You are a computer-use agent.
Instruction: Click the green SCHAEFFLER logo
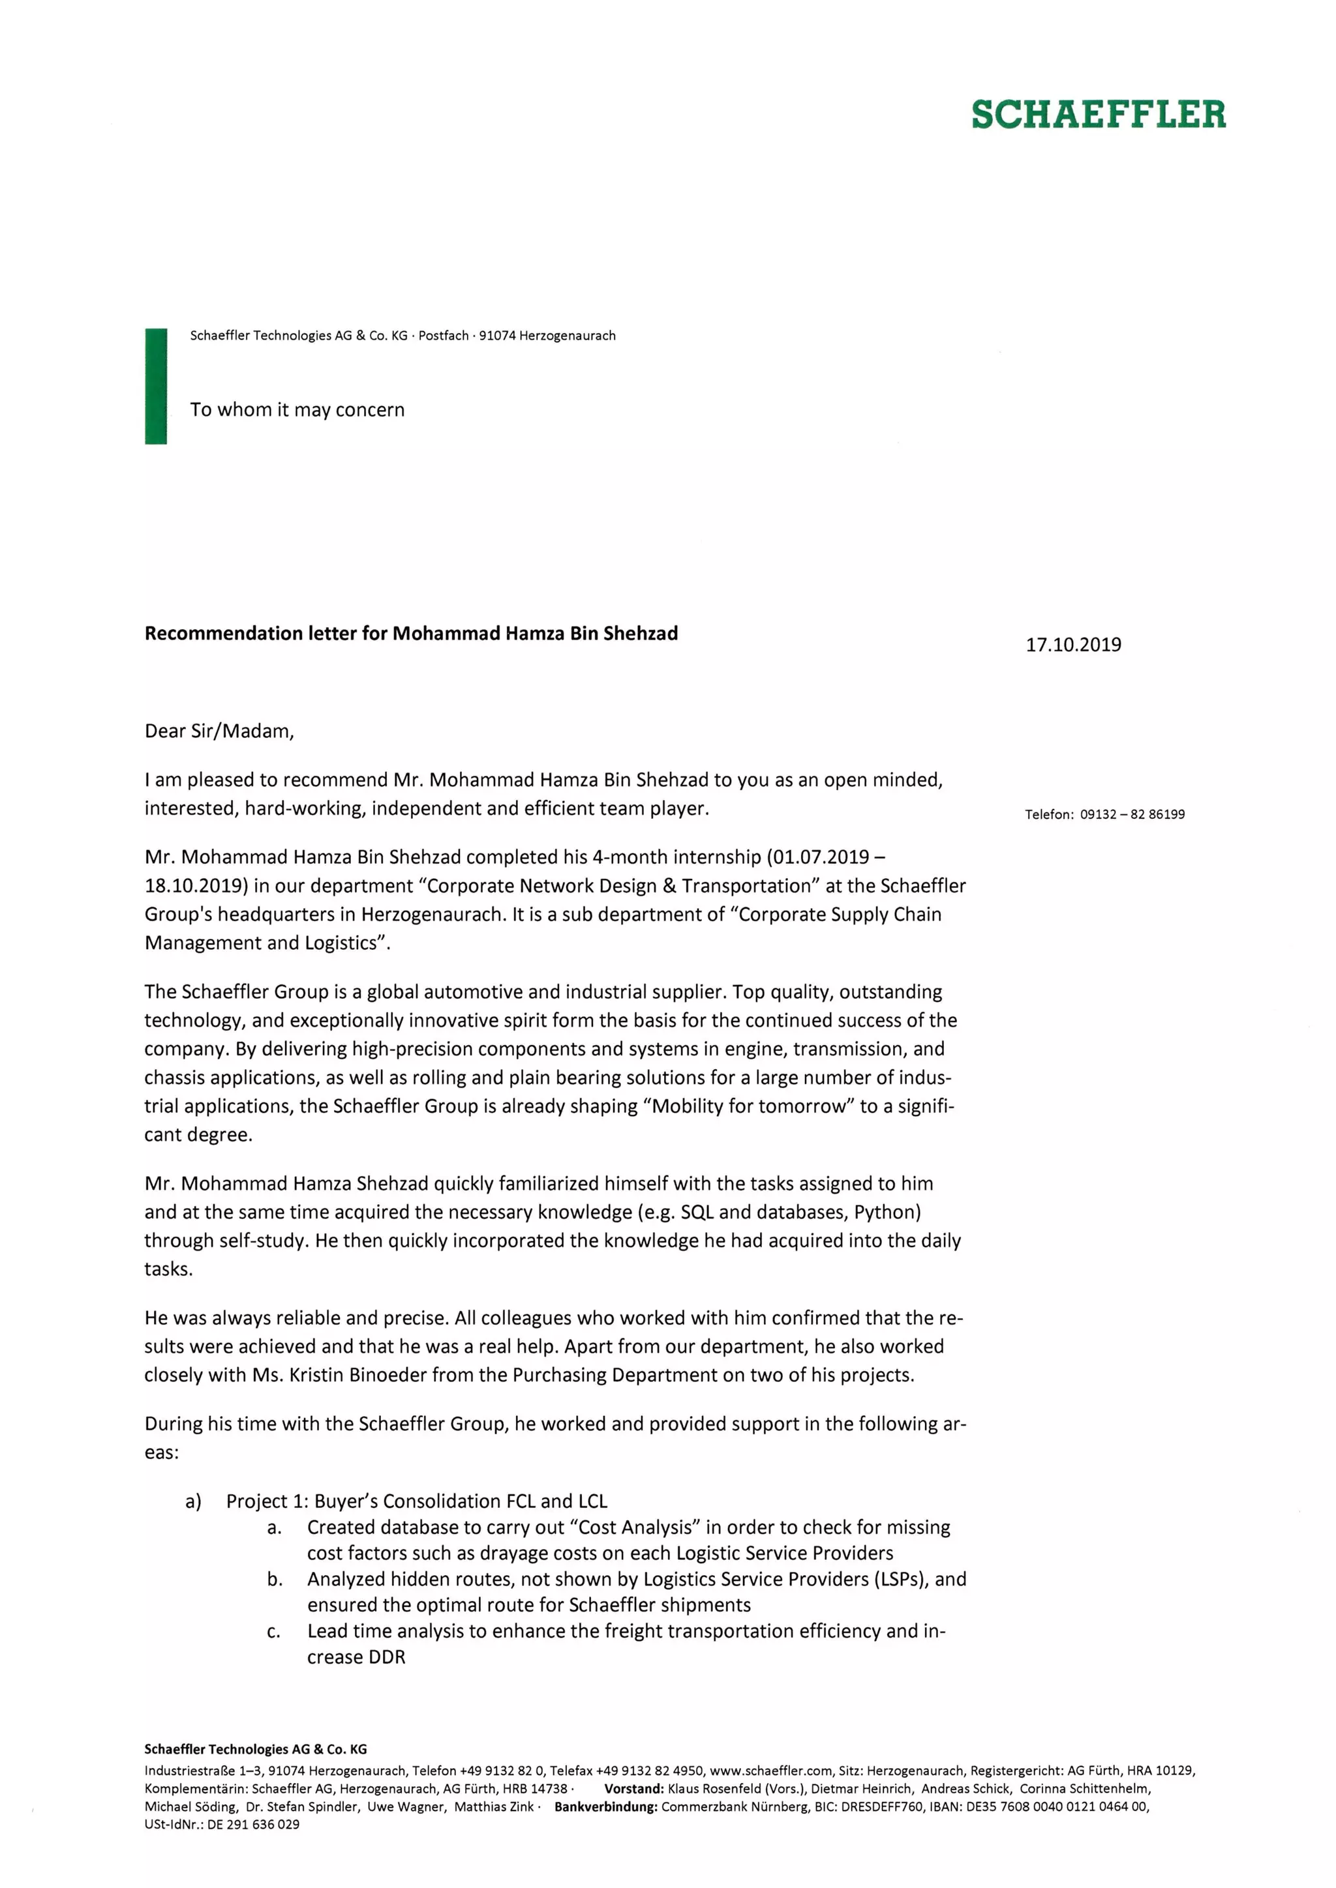(1099, 114)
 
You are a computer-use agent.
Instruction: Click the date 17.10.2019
(1072, 645)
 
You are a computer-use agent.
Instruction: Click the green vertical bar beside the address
(155, 386)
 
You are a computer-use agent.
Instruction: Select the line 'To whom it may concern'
(297, 409)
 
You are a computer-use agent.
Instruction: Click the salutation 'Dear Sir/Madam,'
(219, 731)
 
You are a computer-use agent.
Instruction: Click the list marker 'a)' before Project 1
(193, 1501)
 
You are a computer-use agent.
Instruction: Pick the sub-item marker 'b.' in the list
(275, 1579)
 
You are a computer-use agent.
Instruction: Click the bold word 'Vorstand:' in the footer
(633, 1788)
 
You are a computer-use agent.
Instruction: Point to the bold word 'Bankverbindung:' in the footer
(605, 1807)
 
